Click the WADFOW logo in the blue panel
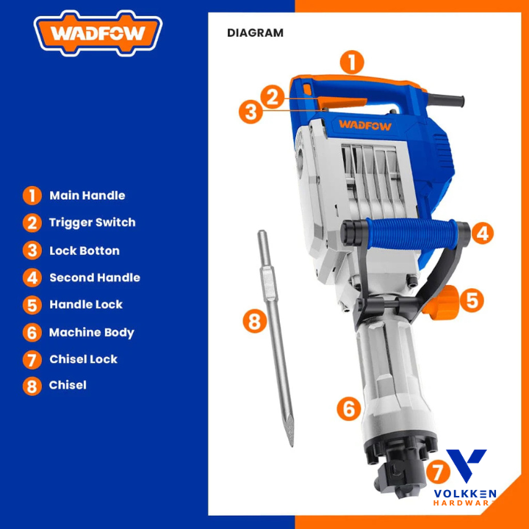[98, 33]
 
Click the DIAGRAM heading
[255, 33]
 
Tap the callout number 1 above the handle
[351, 62]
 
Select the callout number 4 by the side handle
[482, 233]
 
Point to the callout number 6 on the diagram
[349, 409]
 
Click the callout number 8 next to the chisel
[255, 320]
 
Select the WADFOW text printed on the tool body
[365, 126]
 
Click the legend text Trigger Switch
[92, 223]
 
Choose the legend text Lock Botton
[84, 251]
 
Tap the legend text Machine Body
[91, 332]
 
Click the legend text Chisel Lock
[83, 359]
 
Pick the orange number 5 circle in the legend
[32, 305]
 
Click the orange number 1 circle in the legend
[32, 195]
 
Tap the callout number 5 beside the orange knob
[472, 301]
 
